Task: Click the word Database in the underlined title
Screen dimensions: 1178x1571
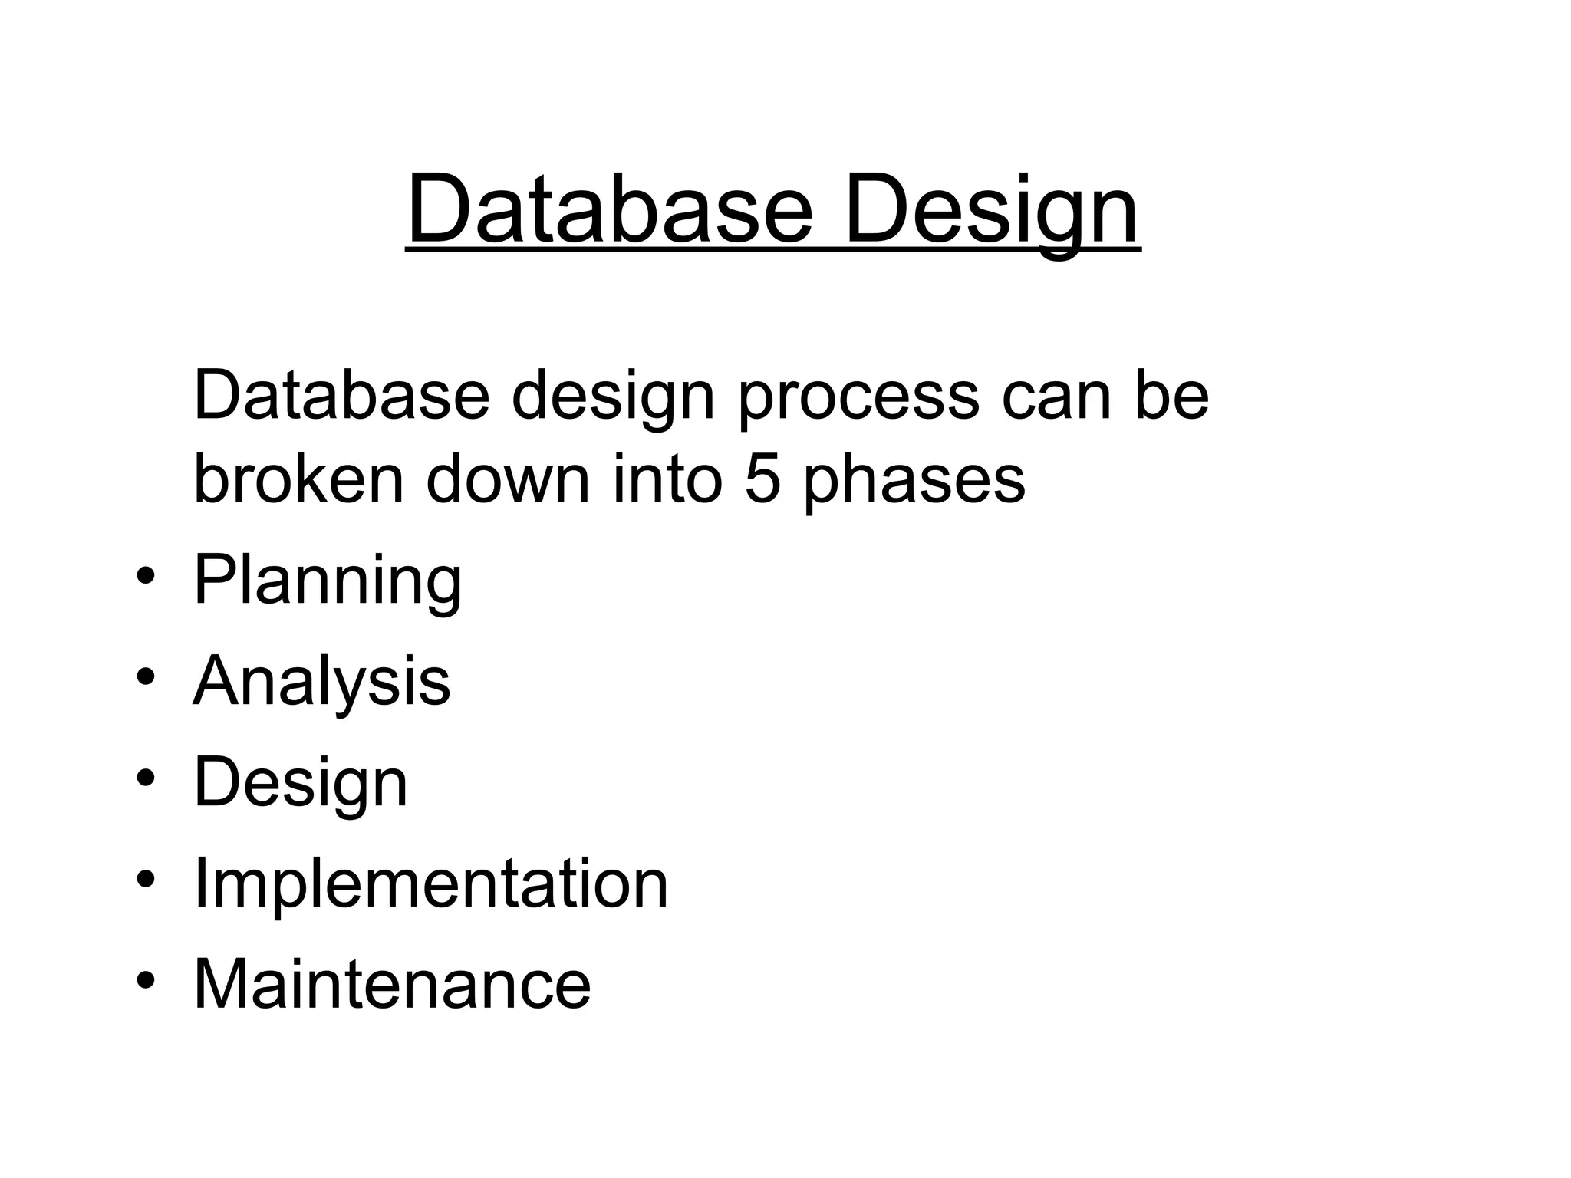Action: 609,209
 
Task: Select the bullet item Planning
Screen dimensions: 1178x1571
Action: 328,581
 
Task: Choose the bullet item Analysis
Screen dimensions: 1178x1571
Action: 321,681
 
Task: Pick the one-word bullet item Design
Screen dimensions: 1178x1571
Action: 301,782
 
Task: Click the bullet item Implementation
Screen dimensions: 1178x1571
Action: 431,883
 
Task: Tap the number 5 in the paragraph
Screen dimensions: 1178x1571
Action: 762,479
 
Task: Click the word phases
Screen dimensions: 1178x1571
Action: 914,480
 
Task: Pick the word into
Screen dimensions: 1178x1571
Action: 667,479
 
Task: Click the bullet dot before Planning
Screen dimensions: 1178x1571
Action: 147,577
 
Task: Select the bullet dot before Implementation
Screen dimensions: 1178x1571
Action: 147,879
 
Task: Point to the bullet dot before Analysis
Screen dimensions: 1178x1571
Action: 147,677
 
